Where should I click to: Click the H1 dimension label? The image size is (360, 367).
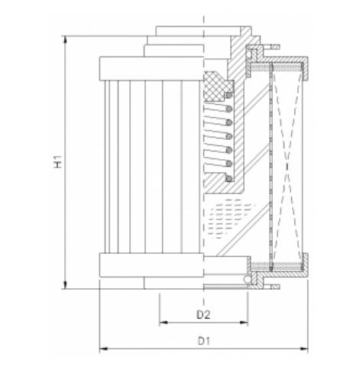(x=57, y=164)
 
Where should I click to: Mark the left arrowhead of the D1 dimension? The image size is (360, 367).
(x=102, y=350)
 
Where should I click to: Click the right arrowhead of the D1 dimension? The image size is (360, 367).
(x=305, y=350)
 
